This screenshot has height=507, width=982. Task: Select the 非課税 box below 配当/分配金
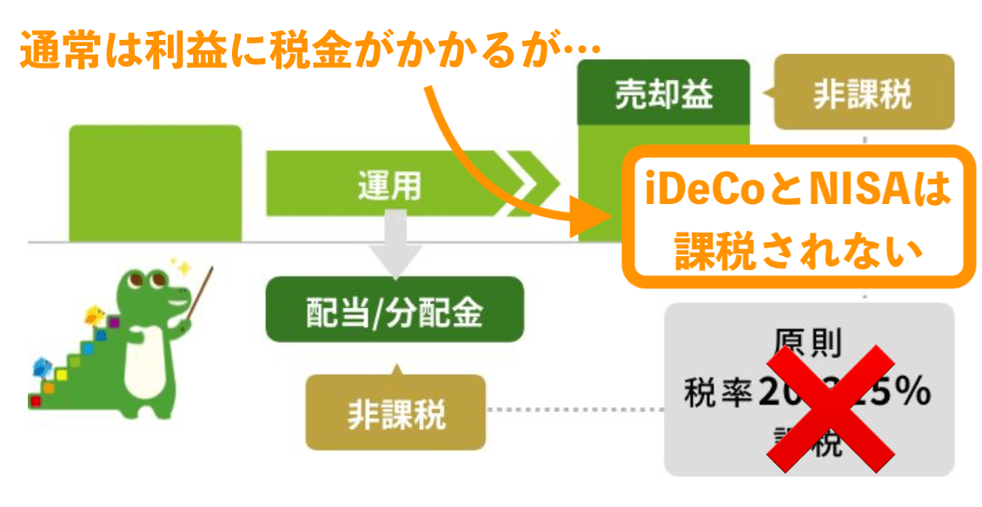(396, 412)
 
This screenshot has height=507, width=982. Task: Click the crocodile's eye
(161, 280)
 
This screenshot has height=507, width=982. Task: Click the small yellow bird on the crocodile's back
(96, 312)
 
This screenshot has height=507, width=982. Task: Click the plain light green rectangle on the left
(155, 183)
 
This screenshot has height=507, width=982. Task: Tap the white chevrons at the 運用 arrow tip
(529, 183)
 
